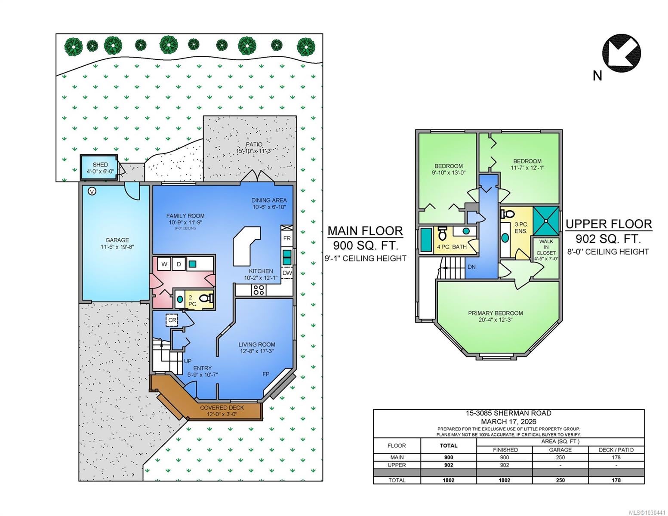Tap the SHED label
100,165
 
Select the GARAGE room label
117,240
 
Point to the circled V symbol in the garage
92,191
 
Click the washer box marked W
164,264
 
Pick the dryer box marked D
179,264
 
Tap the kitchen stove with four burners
259,290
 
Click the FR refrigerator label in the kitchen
286,238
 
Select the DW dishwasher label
287,273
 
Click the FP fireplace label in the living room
266,374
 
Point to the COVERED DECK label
222,408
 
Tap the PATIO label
254,144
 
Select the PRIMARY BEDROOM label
495,313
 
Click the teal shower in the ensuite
546,221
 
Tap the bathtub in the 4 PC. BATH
426,239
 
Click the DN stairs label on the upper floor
471,267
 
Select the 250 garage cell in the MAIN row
560,457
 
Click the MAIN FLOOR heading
365,231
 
